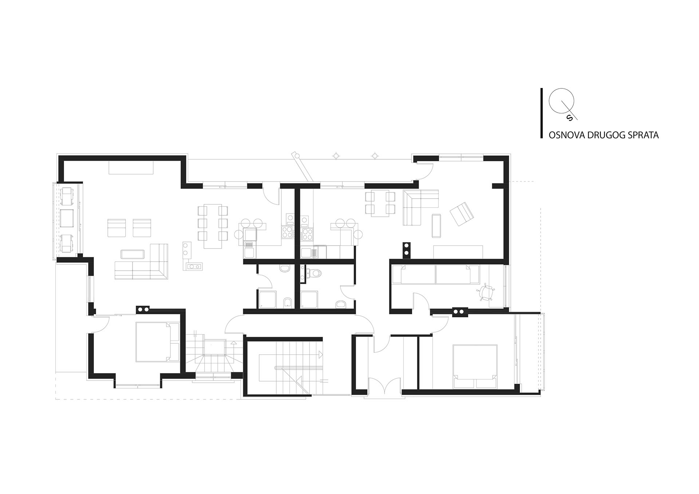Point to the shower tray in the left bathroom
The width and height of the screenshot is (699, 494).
coord(267,299)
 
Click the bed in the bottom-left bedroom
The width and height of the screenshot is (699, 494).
coord(153,342)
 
